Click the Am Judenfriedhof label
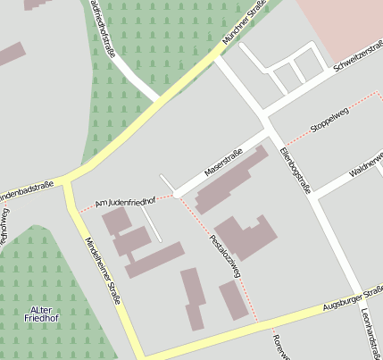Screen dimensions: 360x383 click(x=125, y=203)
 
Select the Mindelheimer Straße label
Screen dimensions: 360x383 click(x=101, y=269)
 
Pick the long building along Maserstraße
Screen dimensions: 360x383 click(x=231, y=180)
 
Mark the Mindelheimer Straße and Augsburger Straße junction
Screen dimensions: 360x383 click(x=138, y=355)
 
